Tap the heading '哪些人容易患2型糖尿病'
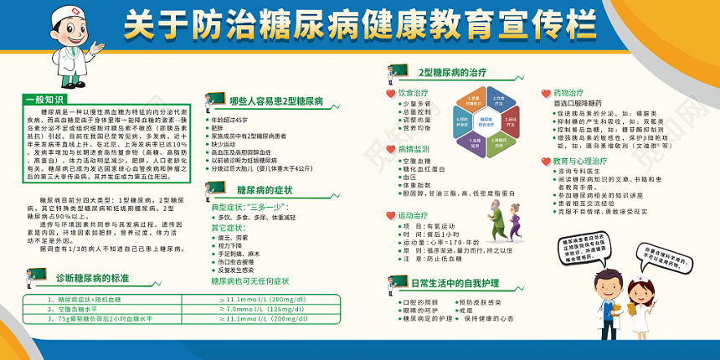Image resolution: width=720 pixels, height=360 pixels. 276,100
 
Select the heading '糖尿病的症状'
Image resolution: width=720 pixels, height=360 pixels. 264,190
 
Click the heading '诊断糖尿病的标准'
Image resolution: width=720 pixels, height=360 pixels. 91,277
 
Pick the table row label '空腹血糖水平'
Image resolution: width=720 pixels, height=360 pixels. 67,309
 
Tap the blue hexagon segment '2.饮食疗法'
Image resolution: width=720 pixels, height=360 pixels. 497,100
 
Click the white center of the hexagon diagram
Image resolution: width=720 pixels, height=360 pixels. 486,121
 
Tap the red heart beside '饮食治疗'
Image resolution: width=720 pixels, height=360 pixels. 389,93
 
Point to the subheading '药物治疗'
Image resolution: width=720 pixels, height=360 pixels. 568,91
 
